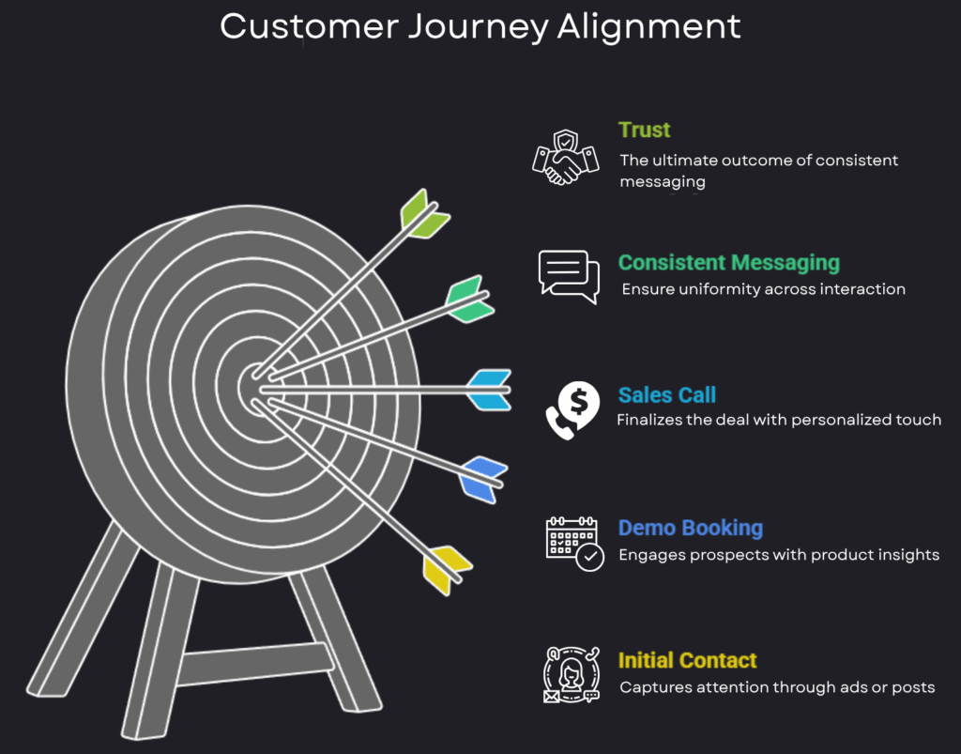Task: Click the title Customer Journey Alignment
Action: pyautogui.click(x=480, y=25)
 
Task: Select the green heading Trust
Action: pyautogui.click(x=644, y=130)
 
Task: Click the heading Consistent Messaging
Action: pyautogui.click(x=728, y=263)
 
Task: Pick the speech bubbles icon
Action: pyautogui.click(x=568, y=276)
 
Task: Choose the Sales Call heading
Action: pyautogui.click(x=667, y=395)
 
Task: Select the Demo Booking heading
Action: pyautogui.click(x=690, y=528)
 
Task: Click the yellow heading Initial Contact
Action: pyautogui.click(x=687, y=660)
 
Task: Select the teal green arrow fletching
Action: pyautogui.click(x=469, y=299)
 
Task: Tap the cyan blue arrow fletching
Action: pyautogui.click(x=490, y=389)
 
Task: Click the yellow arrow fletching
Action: pyautogui.click(x=445, y=568)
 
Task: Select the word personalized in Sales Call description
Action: pyautogui.click(x=836, y=420)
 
